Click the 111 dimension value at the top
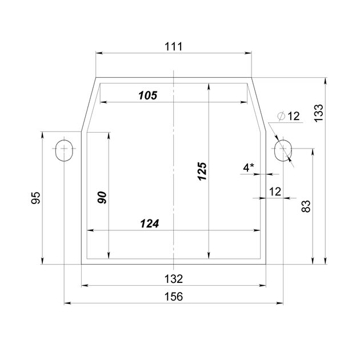pos(174,47)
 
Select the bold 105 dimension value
pos(148,95)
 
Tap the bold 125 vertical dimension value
pos(203,171)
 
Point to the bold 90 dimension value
pos(102,198)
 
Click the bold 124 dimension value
pos(150,223)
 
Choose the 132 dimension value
pos(174,279)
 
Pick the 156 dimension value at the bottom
pos(174,297)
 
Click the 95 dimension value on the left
pos(35,198)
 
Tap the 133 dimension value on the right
pos(319,113)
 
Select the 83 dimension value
pos(306,206)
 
